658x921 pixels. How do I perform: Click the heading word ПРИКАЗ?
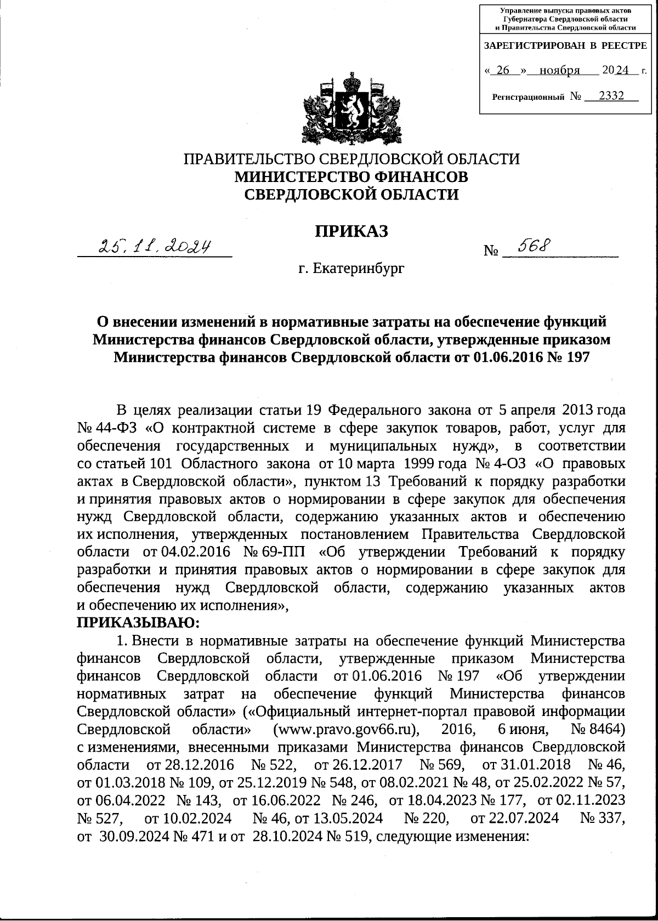click(351, 231)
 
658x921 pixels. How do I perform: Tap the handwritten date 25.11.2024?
click(155, 246)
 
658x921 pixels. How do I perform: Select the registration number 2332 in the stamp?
click(611, 96)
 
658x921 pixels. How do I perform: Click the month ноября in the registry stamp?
click(559, 71)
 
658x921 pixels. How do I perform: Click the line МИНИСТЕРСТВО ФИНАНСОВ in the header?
click(351, 177)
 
